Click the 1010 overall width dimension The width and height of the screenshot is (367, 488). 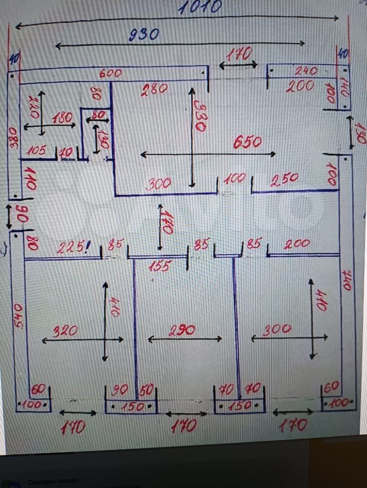pyautogui.click(x=200, y=6)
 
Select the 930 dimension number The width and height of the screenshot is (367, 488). pyautogui.click(x=143, y=35)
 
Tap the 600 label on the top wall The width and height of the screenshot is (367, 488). pyautogui.click(x=111, y=73)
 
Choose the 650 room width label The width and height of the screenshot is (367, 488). pyautogui.click(x=247, y=142)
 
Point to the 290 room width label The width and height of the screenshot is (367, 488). pyautogui.click(x=182, y=330)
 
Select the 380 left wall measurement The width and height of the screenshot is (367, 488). pyautogui.click(x=13, y=138)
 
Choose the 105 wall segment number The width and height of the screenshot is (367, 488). pyautogui.click(x=37, y=151)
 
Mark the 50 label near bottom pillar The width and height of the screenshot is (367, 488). pyautogui.click(x=146, y=390)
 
